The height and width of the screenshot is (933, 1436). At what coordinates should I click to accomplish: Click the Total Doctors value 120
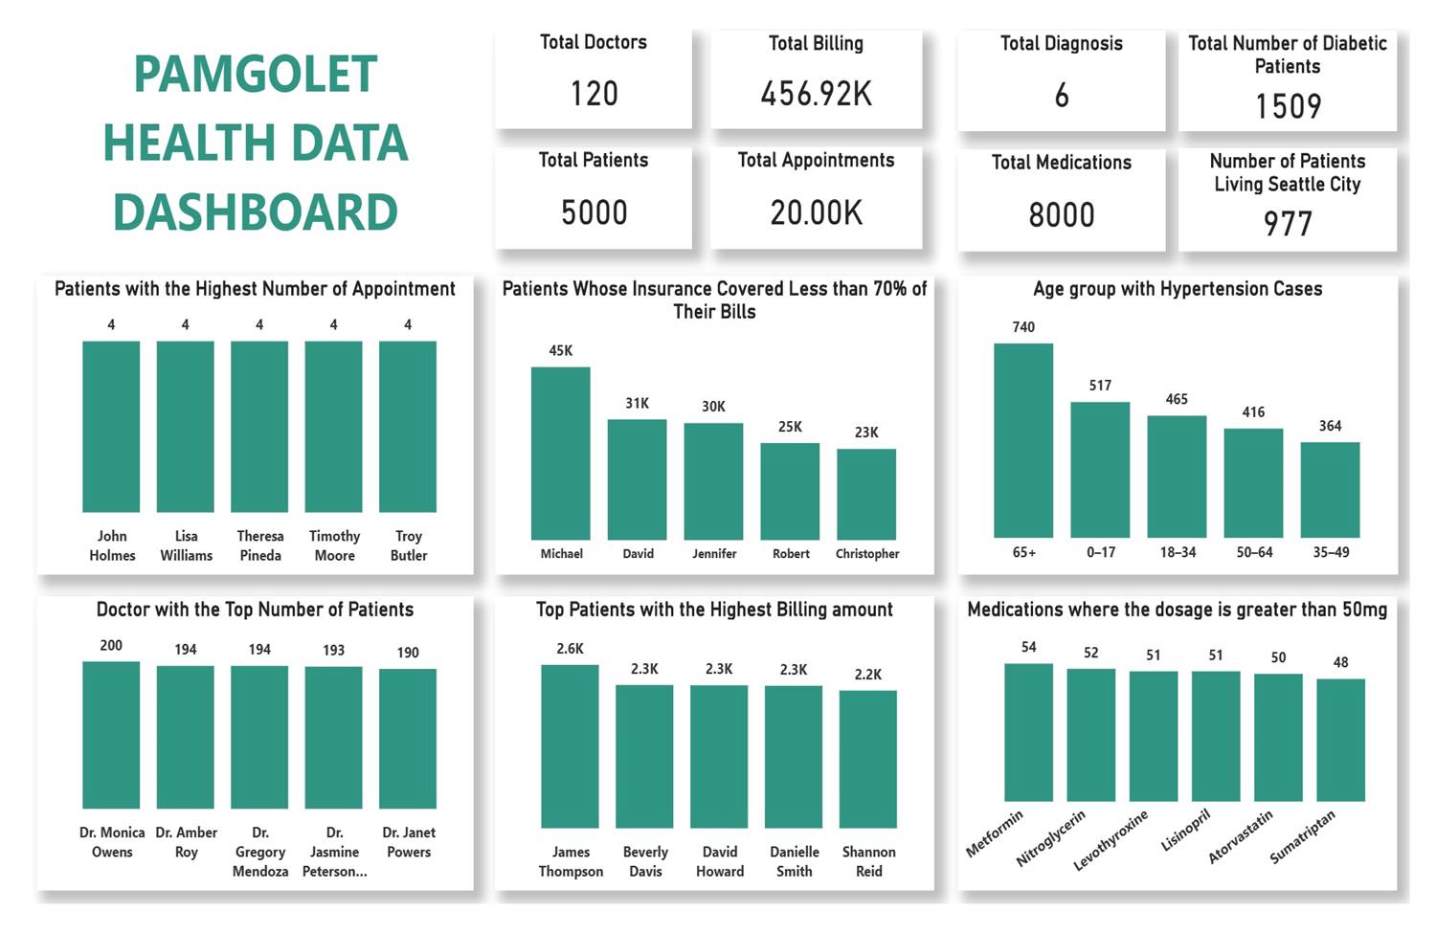tap(594, 94)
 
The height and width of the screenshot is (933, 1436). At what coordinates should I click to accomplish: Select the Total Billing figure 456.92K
tap(816, 94)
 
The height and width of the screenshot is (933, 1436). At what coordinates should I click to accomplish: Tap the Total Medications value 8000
tap(1061, 214)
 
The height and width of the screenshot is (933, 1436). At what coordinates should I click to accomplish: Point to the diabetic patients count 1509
tap(1288, 106)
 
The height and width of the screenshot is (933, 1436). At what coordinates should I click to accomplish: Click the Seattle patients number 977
tap(1288, 224)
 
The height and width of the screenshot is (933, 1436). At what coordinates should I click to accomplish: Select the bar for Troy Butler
tap(408, 426)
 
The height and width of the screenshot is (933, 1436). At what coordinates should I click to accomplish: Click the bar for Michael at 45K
tap(561, 453)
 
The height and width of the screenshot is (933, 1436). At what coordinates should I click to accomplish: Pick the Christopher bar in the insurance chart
tap(866, 494)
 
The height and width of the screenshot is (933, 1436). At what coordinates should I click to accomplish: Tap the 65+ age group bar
tap(1023, 440)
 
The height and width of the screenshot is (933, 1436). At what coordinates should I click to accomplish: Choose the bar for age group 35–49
tap(1330, 489)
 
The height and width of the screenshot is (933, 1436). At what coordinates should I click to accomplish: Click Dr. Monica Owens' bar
tap(111, 735)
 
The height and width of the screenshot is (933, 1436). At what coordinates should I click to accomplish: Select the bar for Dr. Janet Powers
tap(408, 738)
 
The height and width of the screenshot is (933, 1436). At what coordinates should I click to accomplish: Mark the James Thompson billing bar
tap(570, 746)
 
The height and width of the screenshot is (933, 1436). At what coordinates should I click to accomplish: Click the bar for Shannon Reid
tap(868, 759)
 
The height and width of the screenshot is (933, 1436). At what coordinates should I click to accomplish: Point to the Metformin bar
tap(1028, 732)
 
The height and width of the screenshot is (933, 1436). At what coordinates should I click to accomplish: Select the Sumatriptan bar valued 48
tap(1340, 740)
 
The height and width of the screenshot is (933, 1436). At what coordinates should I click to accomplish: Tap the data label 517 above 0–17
tap(1100, 386)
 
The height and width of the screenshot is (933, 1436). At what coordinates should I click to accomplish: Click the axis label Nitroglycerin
tap(1051, 838)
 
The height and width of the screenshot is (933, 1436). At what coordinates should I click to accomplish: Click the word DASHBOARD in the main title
tap(256, 212)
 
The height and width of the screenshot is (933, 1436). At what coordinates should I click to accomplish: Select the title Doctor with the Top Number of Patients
tap(255, 610)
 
